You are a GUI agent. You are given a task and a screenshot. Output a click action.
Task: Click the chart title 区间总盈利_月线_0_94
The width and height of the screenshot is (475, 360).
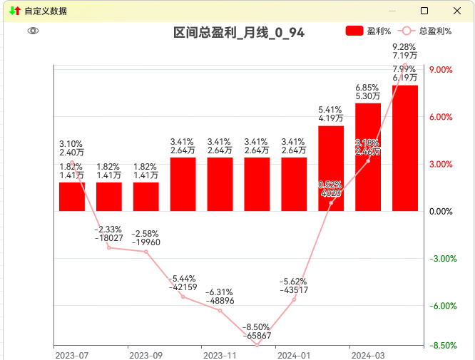pos(240,33)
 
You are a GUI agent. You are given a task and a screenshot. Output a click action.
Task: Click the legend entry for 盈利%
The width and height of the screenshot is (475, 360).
pos(368,31)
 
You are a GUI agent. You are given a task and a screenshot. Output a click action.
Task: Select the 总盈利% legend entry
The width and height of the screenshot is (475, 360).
pos(426,31)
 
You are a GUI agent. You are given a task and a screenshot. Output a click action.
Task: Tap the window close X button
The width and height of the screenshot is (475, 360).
pos(457,11)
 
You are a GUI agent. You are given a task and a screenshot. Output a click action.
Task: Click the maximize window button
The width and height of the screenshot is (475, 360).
pos(424,11)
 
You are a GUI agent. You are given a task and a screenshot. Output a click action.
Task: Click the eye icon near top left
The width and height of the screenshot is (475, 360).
pos(33,31)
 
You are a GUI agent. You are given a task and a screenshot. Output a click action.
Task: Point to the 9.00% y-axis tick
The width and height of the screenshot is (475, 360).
pos(441,70)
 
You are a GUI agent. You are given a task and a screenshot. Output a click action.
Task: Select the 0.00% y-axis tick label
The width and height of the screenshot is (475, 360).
pos(441,212)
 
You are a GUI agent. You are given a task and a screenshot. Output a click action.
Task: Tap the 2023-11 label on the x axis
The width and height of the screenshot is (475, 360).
pos(220,355)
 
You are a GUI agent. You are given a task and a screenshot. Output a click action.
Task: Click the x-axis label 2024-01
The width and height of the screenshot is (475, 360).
pos(294,355)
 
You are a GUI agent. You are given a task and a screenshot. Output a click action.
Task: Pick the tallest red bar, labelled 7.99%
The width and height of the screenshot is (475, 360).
pos(405,148)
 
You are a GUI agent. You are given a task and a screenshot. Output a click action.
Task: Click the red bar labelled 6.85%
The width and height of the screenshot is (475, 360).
pos(368,157)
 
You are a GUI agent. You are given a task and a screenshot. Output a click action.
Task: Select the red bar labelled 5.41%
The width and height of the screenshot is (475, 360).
pos(331,168)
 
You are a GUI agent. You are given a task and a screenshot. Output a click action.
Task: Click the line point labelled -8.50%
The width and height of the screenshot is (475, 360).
pos(257,345)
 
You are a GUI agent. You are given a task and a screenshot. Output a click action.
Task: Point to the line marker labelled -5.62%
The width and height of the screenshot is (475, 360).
pos(294,299)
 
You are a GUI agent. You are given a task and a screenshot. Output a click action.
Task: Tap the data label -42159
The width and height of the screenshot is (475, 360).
pos(183,287)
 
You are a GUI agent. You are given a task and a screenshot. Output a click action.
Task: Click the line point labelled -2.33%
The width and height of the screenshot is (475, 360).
pos(109,247)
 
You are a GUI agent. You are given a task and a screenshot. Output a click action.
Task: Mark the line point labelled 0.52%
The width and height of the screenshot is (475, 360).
pos(331,203)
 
